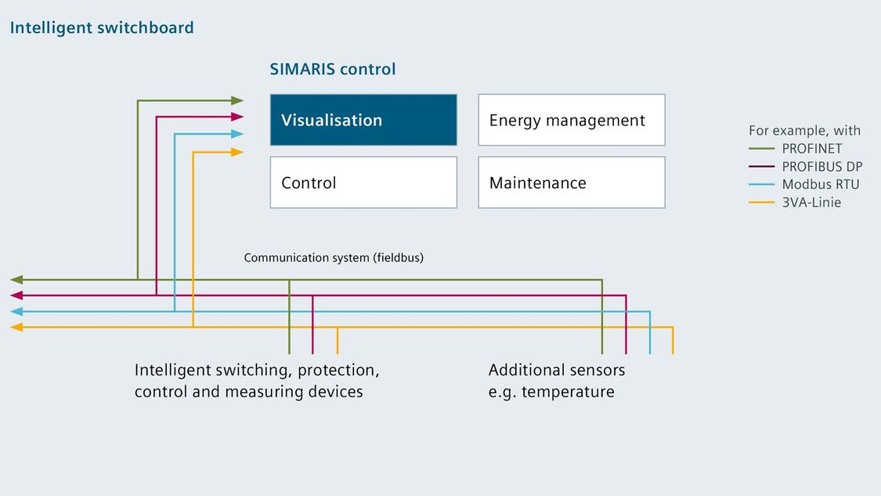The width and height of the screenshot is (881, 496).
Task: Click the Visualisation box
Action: pos(363,120)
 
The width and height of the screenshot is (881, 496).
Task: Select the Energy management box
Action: pos(572,120)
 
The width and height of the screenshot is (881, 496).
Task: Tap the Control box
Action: pos(363,183)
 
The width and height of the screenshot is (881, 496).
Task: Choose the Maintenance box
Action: pos(572,183)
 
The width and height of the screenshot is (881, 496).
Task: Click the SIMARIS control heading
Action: pos(333,69)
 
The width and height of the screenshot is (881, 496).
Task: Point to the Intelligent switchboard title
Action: pos(102,27)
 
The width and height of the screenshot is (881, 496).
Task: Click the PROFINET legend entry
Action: pos(796,148)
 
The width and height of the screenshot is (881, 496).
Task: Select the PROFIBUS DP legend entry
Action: pos(805,166)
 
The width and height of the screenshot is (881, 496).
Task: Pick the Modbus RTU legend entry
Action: pos(804,184)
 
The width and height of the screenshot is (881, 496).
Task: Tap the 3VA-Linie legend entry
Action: pos(795,202)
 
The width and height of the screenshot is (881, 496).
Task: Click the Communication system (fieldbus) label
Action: pos(334,258)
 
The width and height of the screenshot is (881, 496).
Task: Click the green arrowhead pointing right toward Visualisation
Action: pos(237,100)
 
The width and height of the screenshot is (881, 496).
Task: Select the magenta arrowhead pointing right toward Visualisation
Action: pos(237,117)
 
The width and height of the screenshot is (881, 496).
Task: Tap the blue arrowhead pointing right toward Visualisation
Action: pos(237,134)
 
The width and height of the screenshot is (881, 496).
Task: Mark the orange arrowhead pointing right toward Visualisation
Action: pos(237,152)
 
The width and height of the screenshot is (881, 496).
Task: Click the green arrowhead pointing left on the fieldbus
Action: pos(16,280)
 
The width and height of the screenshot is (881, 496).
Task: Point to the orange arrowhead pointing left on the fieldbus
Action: pos(16,328)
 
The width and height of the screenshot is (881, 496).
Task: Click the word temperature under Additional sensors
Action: pos(568,392)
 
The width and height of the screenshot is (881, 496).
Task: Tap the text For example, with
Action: pos(804,131)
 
